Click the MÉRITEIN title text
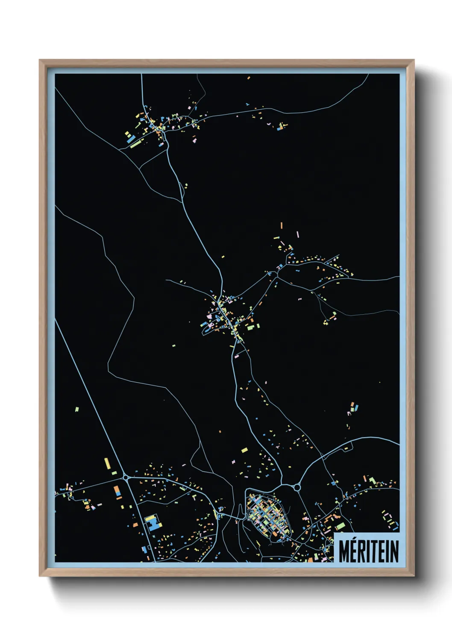tap(368, 551)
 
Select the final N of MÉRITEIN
tap(394, 551)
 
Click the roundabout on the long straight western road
tap(126, 477)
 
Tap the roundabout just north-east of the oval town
tap(297, 487)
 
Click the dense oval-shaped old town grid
tap(268, 515)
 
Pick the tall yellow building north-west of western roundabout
tap(107, 463)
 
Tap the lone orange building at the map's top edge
tap(248, 78)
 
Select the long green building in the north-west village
tap(135, 144)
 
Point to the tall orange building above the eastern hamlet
tap(281, 225)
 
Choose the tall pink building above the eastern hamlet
tap(298, 234)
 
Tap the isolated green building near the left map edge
tap(77, 409)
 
